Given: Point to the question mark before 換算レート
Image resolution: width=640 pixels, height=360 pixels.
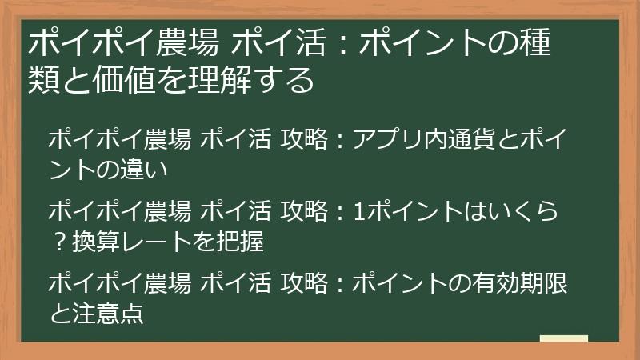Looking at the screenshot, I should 58,242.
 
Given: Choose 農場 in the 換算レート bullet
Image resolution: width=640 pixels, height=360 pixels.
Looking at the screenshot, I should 168,213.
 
